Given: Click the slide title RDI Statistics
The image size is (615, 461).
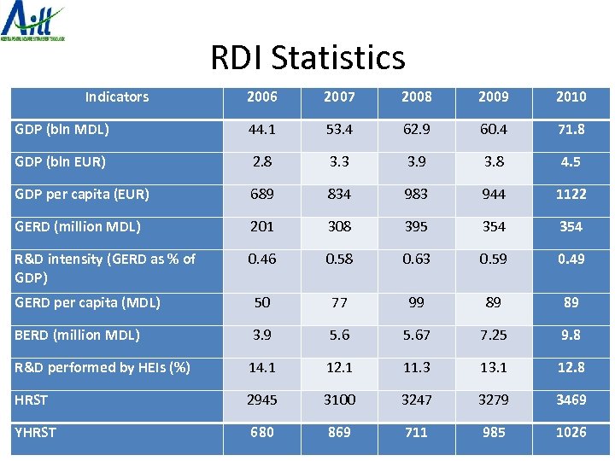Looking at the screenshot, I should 307,58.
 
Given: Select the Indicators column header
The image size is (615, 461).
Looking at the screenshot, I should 117,97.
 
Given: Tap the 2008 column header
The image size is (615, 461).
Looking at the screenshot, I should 417,97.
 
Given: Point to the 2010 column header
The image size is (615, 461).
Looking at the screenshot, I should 571,97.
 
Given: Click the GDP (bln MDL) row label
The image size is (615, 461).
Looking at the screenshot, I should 61,130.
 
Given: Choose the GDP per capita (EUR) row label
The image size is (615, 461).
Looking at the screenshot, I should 82,194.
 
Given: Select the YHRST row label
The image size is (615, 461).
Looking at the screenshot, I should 35,432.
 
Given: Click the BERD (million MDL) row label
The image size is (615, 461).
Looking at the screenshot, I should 78,335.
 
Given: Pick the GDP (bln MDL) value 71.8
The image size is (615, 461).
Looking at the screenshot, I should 571,130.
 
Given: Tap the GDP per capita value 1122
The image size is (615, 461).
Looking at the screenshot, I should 571,194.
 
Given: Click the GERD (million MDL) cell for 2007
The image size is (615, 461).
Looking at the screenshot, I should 339,226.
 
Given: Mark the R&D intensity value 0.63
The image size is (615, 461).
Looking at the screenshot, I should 417,259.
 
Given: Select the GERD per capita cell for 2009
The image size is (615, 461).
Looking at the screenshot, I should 494,302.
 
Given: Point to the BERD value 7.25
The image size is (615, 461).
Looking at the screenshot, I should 494,335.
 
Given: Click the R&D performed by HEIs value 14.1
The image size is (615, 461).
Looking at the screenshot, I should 262,367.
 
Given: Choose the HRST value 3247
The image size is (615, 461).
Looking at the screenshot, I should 417,400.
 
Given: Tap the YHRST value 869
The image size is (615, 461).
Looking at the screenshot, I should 339,432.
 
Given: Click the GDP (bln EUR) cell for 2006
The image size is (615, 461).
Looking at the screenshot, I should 262,162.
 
